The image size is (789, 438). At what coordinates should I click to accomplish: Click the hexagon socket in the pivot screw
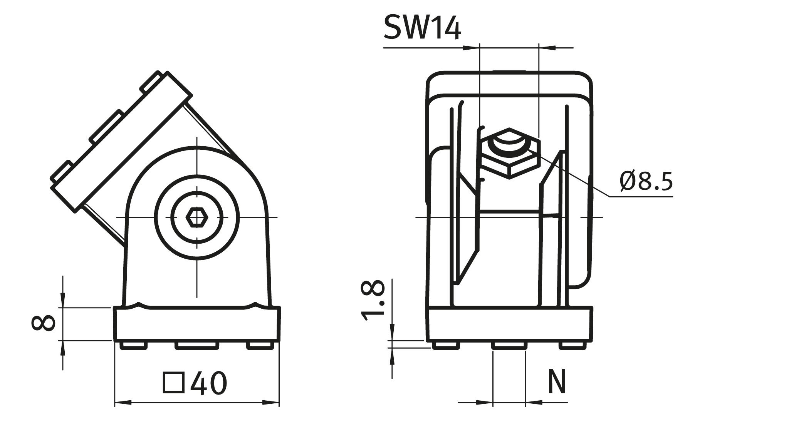tap(196, 218)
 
